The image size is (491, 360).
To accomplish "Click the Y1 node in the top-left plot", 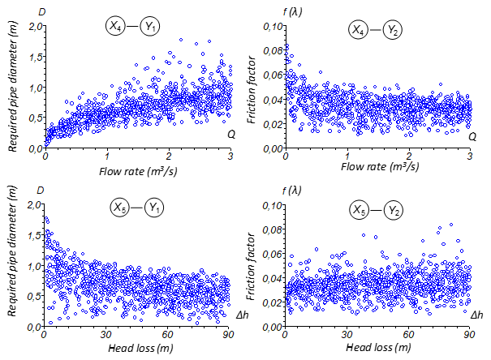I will point(150,26).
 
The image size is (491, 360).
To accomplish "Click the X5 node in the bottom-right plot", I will point(360,211).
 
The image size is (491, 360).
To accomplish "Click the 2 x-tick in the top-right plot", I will point(409,156).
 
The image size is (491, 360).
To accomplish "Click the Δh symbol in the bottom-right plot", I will point(477,313).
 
